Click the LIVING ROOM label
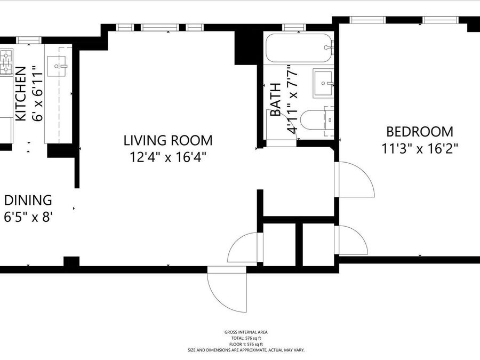168,140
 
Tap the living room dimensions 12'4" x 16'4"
168,157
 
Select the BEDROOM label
419,132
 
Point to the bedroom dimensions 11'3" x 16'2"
419,149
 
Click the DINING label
28,200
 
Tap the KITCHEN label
21,94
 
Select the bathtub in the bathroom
299,48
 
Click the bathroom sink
323,83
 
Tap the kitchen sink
57,66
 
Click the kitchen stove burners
6,62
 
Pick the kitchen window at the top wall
29,40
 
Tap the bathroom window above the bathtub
294,27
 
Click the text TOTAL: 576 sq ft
246,338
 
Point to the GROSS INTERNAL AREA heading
246,332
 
